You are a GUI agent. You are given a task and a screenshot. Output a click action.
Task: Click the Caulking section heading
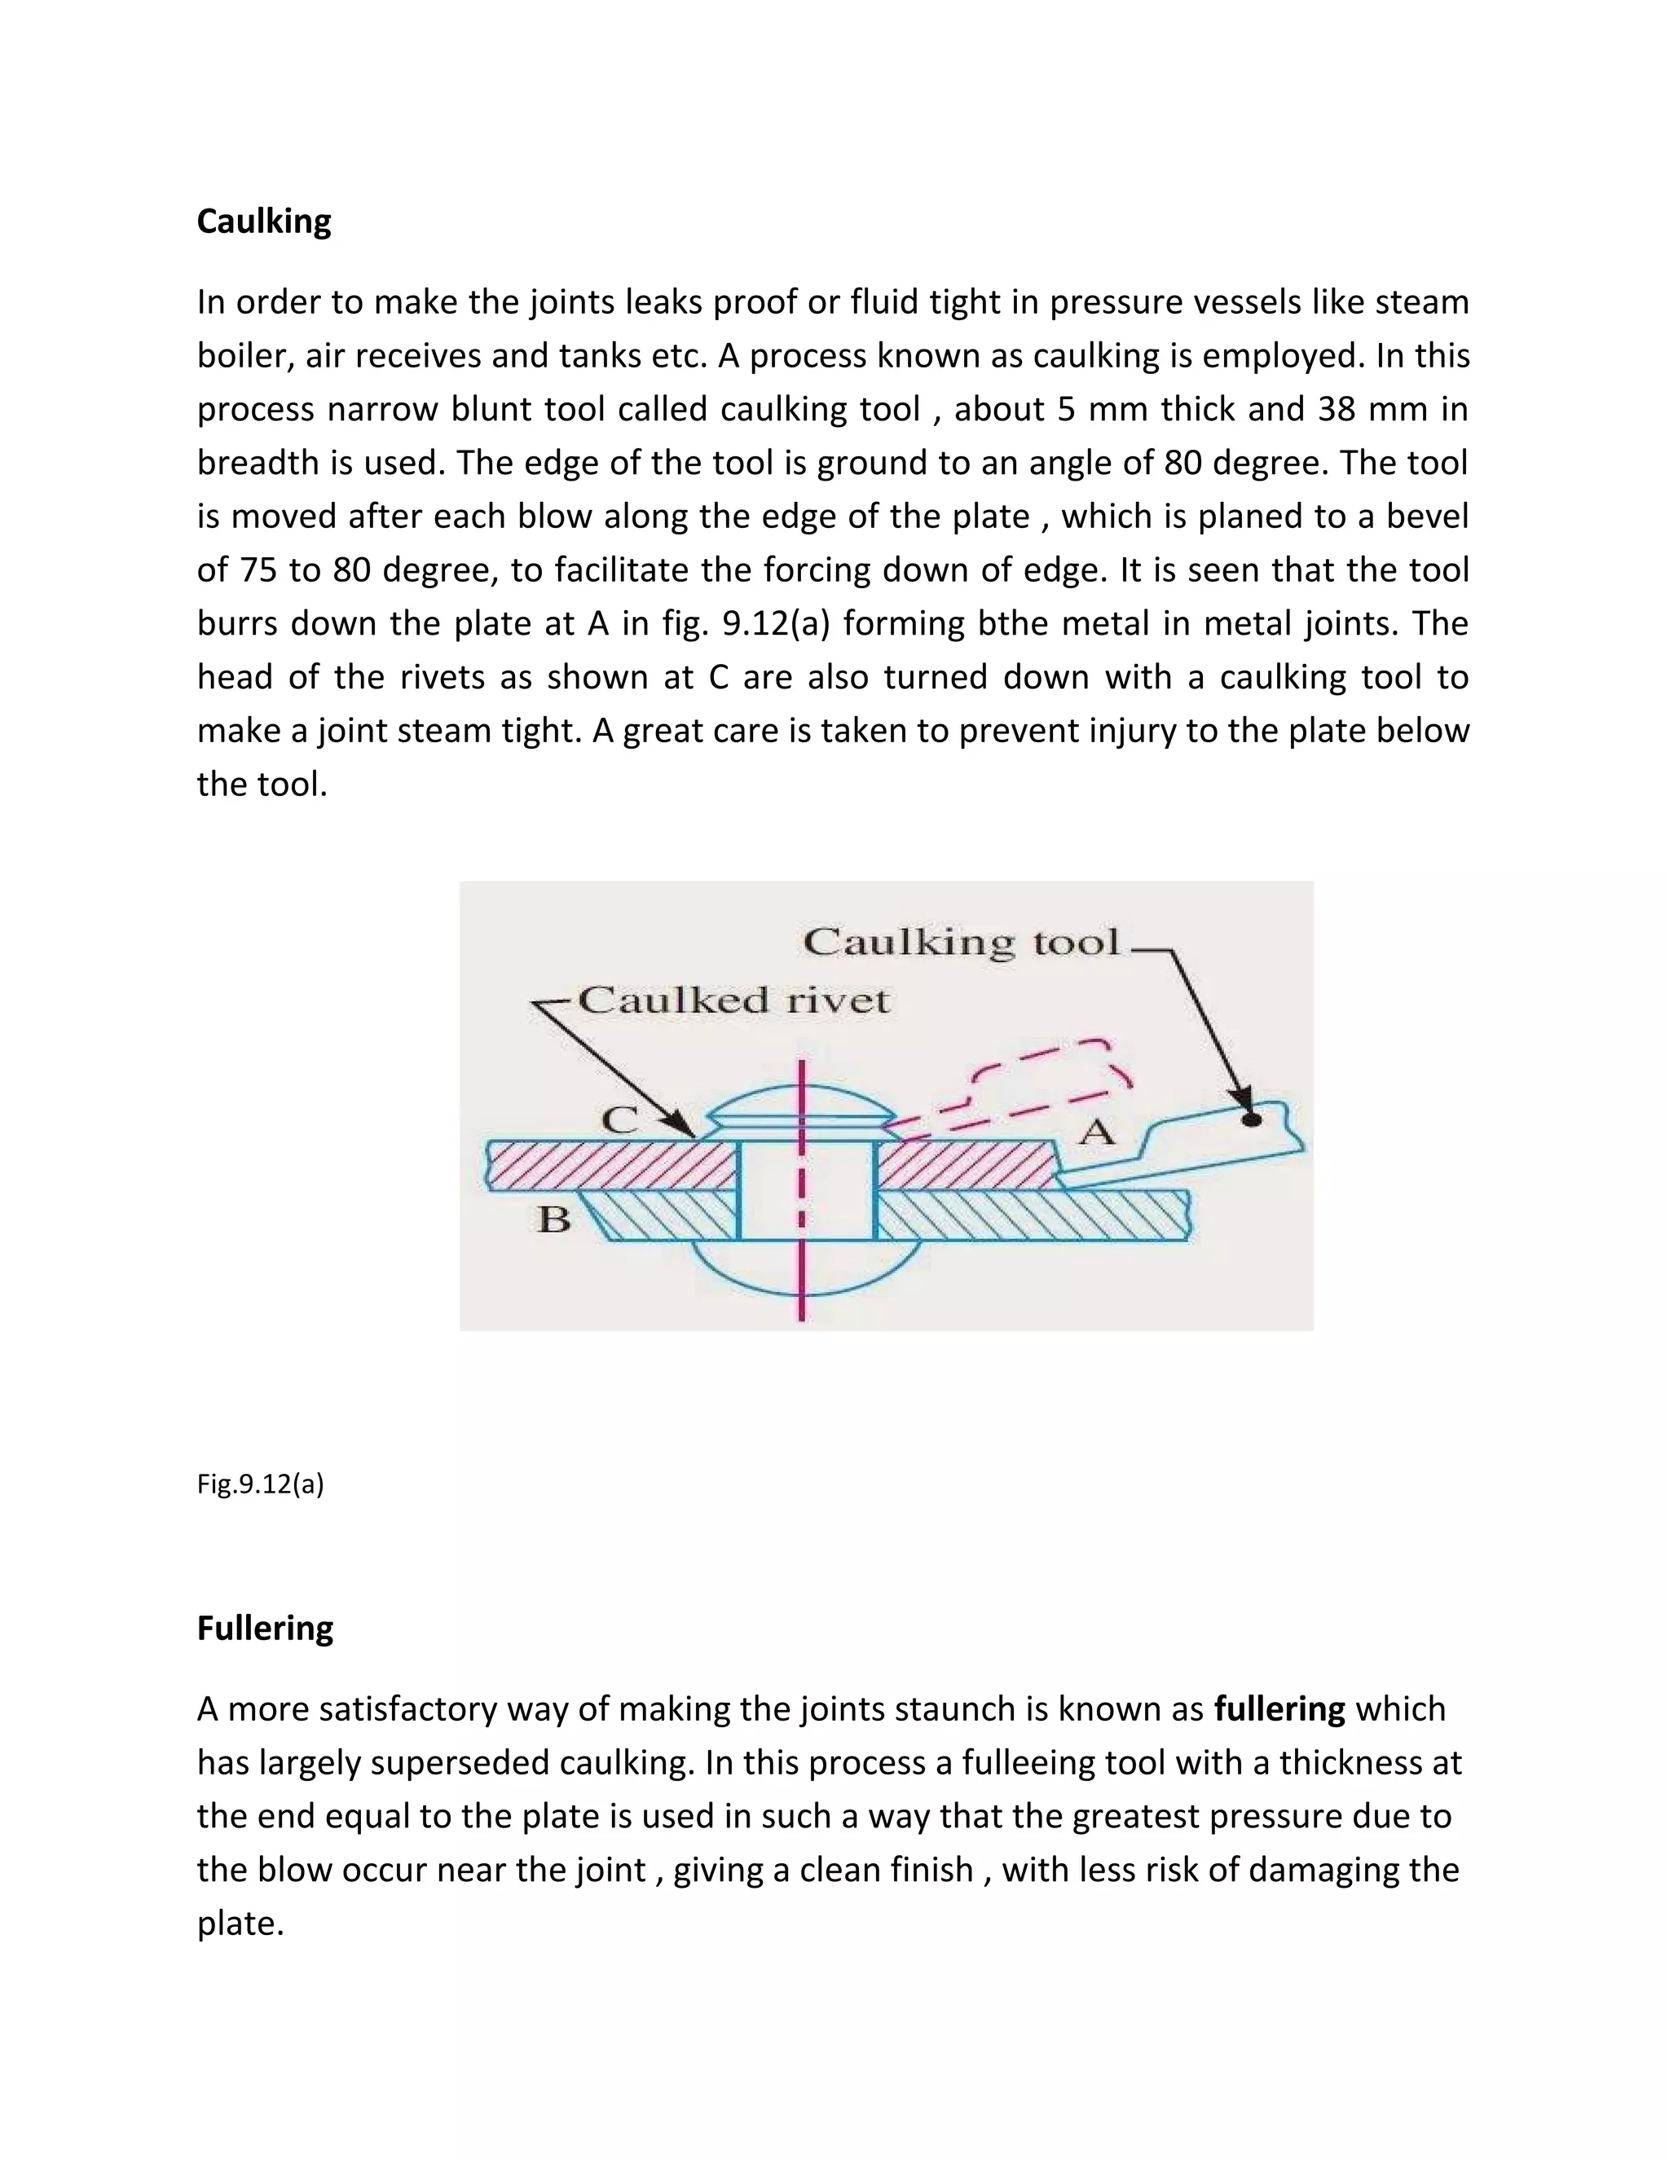(264, 222)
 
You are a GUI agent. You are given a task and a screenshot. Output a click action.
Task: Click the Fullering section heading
(265, 1627)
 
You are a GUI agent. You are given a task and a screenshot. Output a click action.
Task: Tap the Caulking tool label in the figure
(961, 941)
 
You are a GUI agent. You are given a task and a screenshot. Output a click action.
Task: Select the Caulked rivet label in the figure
(733, 1000)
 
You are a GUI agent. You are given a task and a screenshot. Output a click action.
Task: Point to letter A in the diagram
(1095, 1131)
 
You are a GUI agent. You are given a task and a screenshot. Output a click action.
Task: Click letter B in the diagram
(553, 1220)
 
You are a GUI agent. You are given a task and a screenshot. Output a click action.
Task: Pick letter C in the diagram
(621, 1120)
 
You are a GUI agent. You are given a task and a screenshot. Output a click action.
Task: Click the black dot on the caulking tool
(1251, 1120)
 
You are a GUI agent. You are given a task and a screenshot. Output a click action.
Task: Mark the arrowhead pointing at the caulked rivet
(681, 1125)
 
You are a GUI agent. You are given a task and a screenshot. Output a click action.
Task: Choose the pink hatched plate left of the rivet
(613, 1167)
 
